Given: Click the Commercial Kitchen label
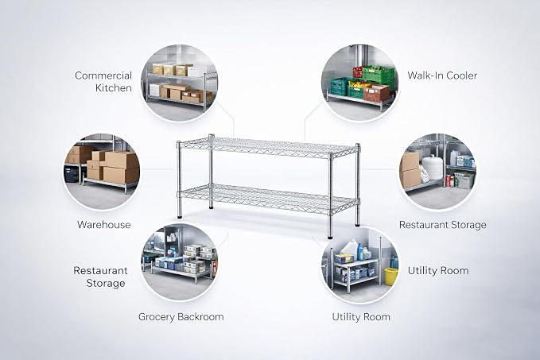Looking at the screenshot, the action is (x=103, y=82).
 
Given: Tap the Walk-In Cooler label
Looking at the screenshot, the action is (x=442, y=75).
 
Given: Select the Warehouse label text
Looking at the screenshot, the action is (x=104, y=225).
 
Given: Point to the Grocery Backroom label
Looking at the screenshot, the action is (x=181, y=316).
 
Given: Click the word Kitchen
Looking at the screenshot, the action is (x=114, y=87).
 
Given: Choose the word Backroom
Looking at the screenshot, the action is (x=202, y=316).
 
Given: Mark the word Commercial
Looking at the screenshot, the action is (x=103, y=75).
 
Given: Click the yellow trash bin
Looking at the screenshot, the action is (x=390, y=277).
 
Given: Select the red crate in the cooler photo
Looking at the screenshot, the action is (x=358, y=72).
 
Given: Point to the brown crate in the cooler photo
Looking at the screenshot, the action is (x=376, y=92).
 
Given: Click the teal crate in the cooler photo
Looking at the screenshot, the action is (x=339, y=86).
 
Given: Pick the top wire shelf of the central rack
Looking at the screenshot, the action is (x=268, y=147).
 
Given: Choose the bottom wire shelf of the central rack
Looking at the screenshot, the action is (x=268, y=198).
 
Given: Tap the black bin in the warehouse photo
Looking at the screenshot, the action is (x=72, y=174).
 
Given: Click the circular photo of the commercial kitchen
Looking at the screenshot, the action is (x=180, y=83).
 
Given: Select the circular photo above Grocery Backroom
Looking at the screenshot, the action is (x=180, y=262).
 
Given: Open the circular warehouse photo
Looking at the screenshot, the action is (x=102, y=172).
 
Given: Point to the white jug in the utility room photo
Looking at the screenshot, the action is (x=350, y=248).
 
